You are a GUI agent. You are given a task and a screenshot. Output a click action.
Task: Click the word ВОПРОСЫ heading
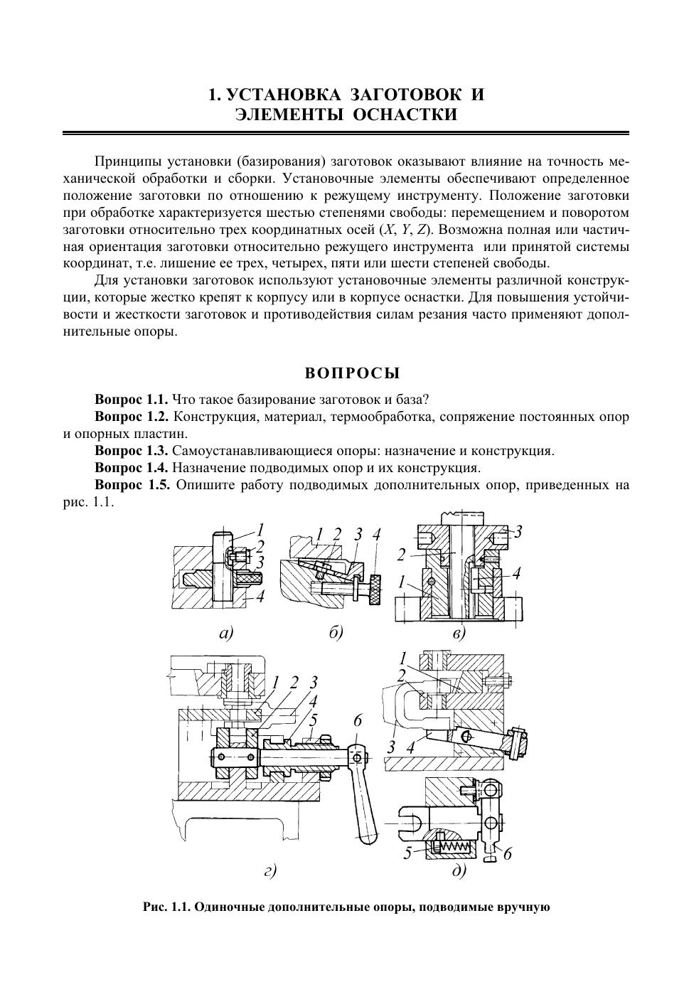point(353,373)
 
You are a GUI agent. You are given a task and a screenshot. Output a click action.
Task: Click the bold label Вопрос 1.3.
point(132,451)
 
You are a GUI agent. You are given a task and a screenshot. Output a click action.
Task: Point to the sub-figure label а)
point(225,633)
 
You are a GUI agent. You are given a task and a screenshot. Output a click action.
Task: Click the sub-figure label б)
point(336,633)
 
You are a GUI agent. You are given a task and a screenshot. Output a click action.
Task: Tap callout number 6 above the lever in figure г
point(358,722)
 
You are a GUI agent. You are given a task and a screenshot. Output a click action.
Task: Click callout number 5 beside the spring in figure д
point(407,853)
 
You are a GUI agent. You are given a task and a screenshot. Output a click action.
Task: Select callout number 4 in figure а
point(260,596)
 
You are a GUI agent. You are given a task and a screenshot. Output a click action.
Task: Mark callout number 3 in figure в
point(518,531)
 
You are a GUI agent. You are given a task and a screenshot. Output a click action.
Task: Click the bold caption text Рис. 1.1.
point(166,907)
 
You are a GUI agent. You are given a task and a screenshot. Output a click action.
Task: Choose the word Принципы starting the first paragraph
point(127,161)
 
